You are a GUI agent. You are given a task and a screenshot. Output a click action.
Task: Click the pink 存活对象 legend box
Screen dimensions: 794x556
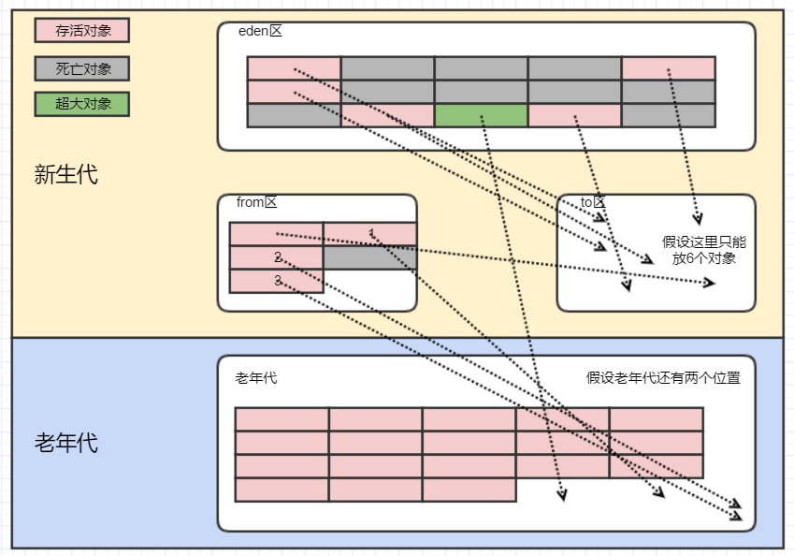pyautogui.click(x=82, y=30)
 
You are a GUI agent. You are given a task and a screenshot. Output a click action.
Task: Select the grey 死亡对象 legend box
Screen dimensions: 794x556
pyautogui.click(x=82, y=68)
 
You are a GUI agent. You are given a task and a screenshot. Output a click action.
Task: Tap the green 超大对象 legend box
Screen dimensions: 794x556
pyautogui.click(x=82, y=104)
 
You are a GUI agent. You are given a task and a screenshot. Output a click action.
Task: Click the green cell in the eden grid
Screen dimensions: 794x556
pyautogui.click(x=481, y=115)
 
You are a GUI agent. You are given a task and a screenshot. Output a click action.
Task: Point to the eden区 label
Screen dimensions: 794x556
pyautogui.click(x=260, y=31)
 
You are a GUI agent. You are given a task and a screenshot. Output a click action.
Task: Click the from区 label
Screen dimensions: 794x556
pyautogui.click(x=257, y=202)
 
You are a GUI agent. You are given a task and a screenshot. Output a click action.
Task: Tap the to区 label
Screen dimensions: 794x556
pyautogui.click(x=593, y=202)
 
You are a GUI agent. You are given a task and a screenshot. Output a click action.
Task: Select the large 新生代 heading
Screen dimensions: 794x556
pyautogui.click(x=65, y=174)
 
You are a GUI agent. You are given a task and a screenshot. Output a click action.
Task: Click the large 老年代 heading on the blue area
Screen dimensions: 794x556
pyautogui.click(x=65, y=443)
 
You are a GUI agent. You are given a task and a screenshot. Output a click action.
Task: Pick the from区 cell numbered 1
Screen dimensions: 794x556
pyautogui.click(x=370, y=234)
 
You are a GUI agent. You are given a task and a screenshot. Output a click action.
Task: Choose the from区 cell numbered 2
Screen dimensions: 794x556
pyautogui.click(x=277, y=257)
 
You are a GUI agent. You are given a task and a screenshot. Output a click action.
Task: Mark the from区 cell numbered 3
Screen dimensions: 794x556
pyautogui.click(x=277, y=281)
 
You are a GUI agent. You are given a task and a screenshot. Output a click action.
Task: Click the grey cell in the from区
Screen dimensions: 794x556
pyautogui.click(x=370, y=257)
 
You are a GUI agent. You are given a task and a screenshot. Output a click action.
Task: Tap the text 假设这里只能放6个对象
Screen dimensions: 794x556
pyautogui.click(x=704, y=250)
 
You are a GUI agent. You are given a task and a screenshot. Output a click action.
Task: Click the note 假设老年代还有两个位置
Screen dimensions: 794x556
pyautogui.click(x=663, y=377)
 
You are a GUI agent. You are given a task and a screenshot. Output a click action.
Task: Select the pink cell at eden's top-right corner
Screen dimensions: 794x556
pyautogui.click(x=669, y=68)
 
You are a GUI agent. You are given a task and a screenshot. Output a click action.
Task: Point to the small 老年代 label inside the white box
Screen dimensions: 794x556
pyautogui.click(x=256, y=378)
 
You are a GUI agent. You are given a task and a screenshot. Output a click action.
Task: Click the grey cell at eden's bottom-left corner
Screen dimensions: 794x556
pyautogui.click(x=295, y=115)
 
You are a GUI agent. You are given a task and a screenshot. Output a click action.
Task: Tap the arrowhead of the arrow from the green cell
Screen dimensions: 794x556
pyautogui.click(x=562, y=496)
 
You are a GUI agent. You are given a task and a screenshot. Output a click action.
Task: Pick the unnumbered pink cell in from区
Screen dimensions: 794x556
pyautogui.click(x=277, y=234)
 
